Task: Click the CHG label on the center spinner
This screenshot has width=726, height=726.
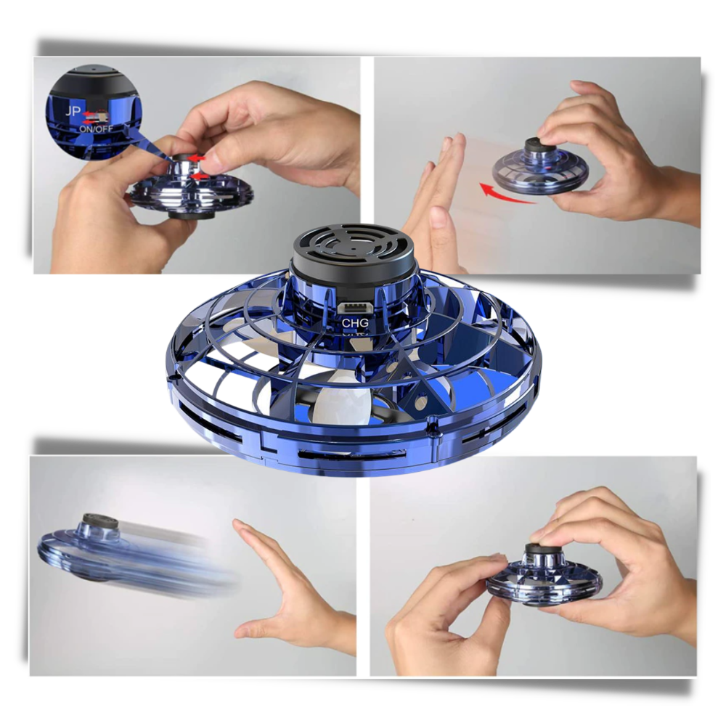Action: [x=356, y=322]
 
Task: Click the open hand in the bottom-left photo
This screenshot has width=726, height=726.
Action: [x=290, y=595]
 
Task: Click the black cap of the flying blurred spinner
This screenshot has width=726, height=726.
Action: [x=96, y=521]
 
